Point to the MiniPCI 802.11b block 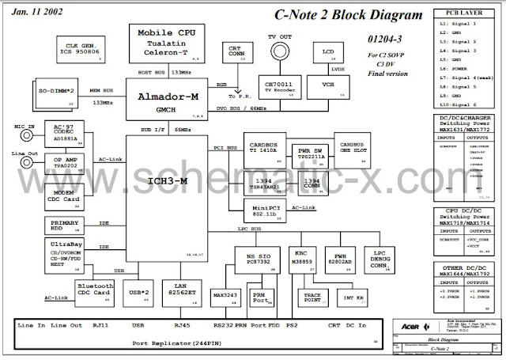[x=262, y=209]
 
